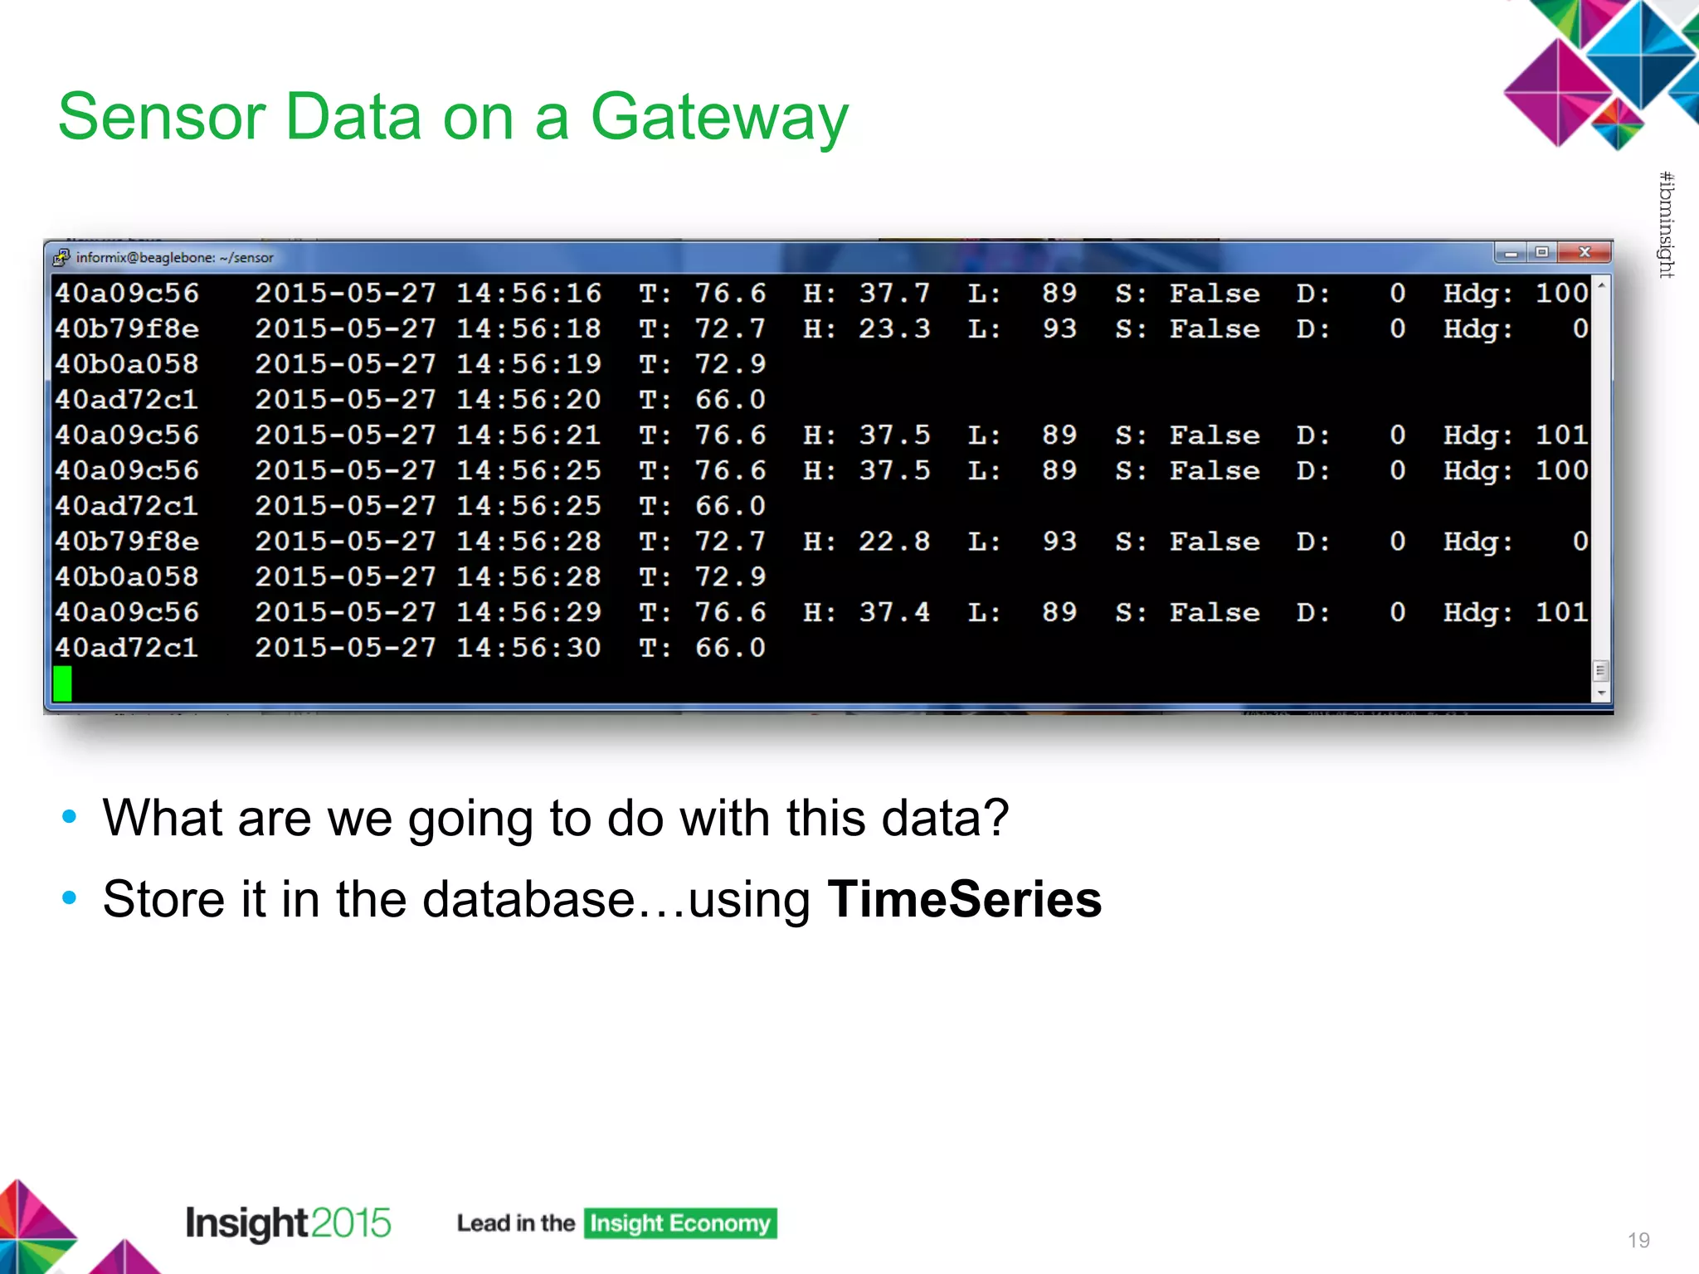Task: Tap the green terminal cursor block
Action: [62, 683]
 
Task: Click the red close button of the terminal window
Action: [1584, 252]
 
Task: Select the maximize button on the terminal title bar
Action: [1541, 252]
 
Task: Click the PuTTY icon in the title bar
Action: [61, 257]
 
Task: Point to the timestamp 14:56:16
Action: [528, 294]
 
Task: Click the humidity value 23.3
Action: [893, 329]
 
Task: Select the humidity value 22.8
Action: [893, 542]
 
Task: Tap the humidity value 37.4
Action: [893, 613]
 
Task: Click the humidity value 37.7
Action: [893, 294]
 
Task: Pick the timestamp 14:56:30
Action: [528, 648]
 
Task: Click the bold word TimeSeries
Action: [964, 899]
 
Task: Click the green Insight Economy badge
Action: [679, 1223]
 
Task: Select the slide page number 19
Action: [1638, 1240]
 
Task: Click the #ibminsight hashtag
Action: [1666, 224]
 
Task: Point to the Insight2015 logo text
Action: [288, 1223]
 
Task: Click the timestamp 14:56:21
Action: [528, 435]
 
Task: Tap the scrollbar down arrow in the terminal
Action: [1601, 693]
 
